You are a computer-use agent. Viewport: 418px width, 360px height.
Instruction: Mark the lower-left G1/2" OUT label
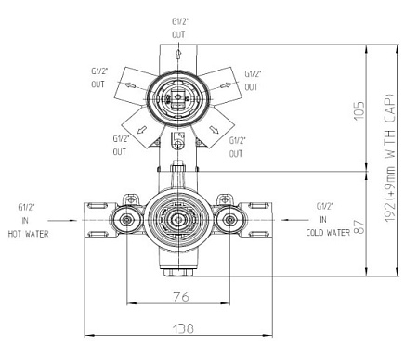tap(120, 146)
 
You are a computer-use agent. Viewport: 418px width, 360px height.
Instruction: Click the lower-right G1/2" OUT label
tap(237, 146)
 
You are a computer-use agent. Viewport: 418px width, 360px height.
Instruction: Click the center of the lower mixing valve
tap(176, 220)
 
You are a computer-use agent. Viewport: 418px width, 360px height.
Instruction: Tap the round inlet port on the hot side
tap(124, 221)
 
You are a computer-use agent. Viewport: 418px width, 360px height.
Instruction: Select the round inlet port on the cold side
tap(229, 221)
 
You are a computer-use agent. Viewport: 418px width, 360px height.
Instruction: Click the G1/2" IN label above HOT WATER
tap(26, 213)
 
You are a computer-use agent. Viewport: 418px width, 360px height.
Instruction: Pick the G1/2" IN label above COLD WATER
tap(325, 212)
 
